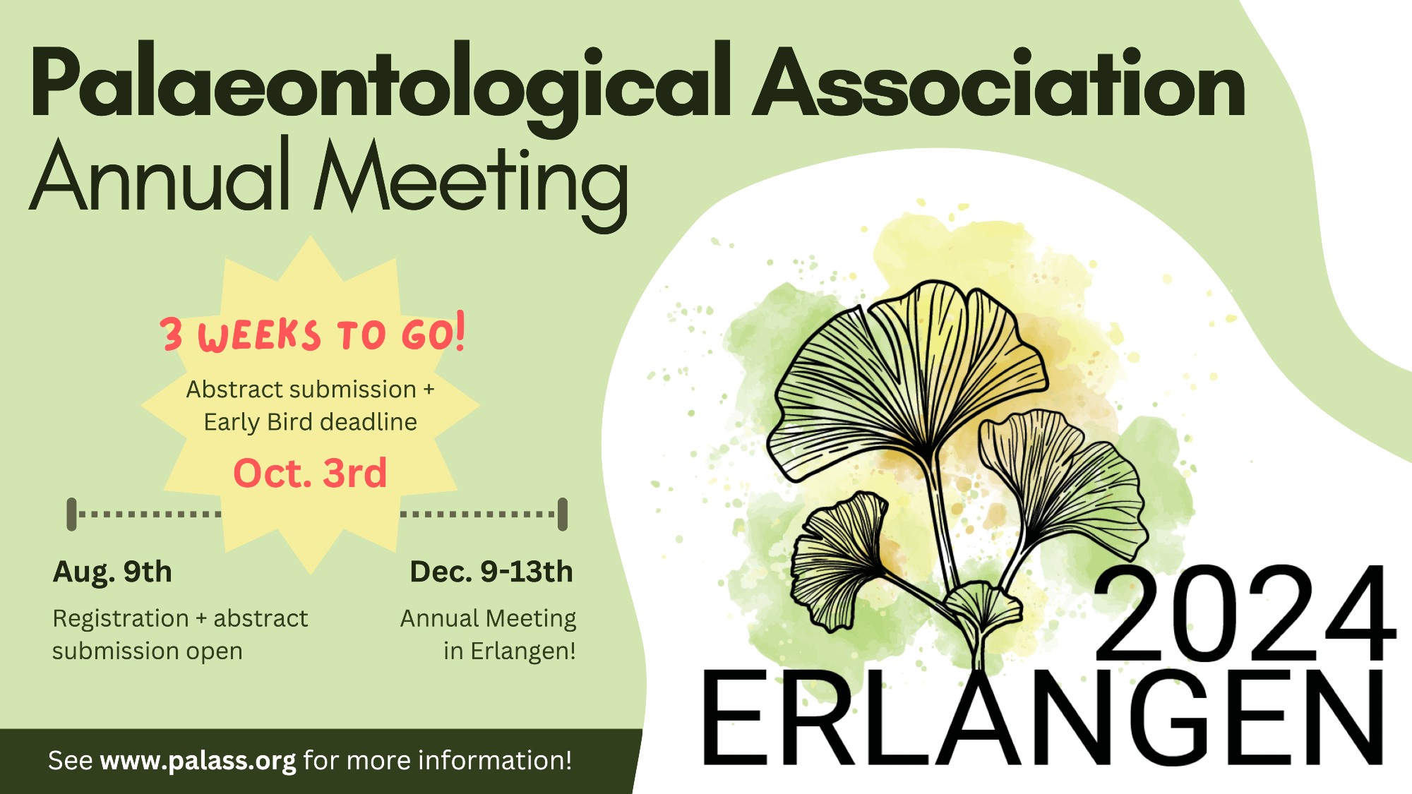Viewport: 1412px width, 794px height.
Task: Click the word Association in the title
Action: tap(999, 81)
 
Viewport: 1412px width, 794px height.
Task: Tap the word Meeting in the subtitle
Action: tap(471, 182)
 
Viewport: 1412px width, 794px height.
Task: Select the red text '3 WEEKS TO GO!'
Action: tap(313, 332)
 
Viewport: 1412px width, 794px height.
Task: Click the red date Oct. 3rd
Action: tap(310, 473)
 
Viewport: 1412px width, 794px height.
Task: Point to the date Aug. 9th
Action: tap(112, 572)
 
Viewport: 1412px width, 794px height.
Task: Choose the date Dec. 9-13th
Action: tap(491, 572)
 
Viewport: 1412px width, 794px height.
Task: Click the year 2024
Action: tap(1244, 613)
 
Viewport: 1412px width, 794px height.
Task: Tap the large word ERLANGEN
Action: tap(1043, 718)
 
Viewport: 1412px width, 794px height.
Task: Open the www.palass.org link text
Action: tap(198, 761)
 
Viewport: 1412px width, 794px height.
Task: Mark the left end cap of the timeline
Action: tap(71, 514)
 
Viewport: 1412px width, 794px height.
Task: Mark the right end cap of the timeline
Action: tap(563, 514)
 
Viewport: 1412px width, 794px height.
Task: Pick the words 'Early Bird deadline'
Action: tap(310, 422)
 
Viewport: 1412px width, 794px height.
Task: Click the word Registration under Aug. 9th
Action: tap(121, 619)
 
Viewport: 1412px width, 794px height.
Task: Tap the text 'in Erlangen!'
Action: tap(510, 651)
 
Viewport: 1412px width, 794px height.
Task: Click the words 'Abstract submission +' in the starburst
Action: tap(310, 389)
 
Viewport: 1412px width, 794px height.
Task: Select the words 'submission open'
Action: tap(148, 651)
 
